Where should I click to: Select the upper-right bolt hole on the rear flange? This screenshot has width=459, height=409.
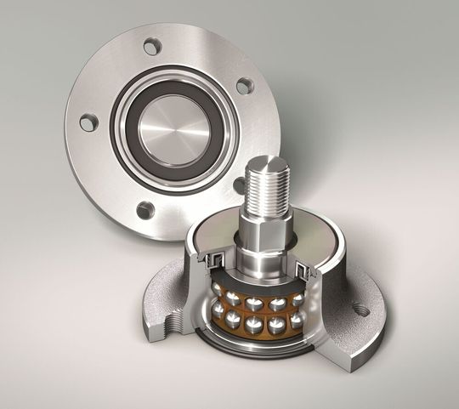coord(244,84)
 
